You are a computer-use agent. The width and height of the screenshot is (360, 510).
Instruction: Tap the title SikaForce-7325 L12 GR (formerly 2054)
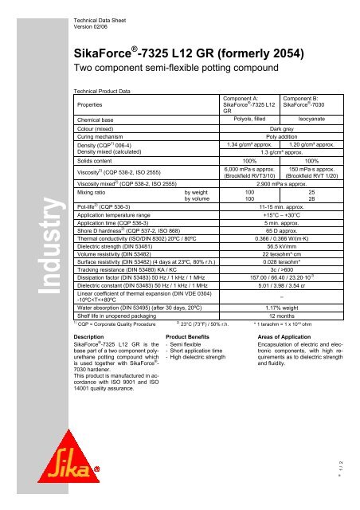(187, 54)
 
